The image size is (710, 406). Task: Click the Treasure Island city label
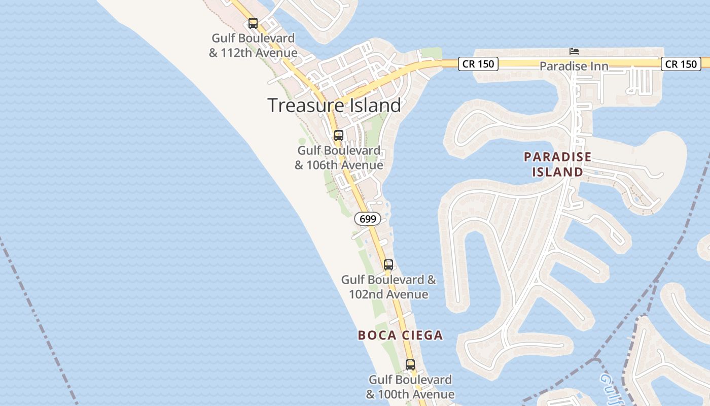pyautogui.click(x=334, y=105)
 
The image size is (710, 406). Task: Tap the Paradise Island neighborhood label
pyautogui.click(x=557, y=164)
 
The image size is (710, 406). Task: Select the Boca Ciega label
pyautogui.click(x=400, y=335)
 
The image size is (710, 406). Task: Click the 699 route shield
pyautogui.click(x=367, y=219)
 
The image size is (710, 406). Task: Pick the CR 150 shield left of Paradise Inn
pyautogui.click(x=478, y=64)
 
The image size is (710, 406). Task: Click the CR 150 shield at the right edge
pyautogui.click(x=681, y=64)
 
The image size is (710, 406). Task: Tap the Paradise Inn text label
pyautogui.click(x=574, y=66)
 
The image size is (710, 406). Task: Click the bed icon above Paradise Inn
pyautogui.click(x=574, y=51)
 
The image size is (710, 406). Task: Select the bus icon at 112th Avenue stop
pyautogui.click(x=253, y=23)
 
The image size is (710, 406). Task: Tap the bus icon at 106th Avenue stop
pyautogui.click(x=338, y=136)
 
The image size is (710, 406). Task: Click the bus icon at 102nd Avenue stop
pyautogui.click(x=388, y=264)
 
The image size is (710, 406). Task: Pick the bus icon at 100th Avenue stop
pyautogui.click(x=410, y=364)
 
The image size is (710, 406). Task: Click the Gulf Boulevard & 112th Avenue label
pyautogui.click(x=253, y=46)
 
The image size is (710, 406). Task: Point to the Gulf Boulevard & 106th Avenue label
pyautogui.click(x=339, y=158)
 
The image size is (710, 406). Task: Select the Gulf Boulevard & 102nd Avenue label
pyautogui.click(x=388, y=287)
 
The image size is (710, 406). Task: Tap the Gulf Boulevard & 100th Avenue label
pyautogui.click(x=410, y=387)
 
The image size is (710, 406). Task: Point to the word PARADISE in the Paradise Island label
pyautogui.click(x=557, y=157)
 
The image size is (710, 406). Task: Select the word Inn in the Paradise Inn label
pyautogui.click(x=598, y=66)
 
